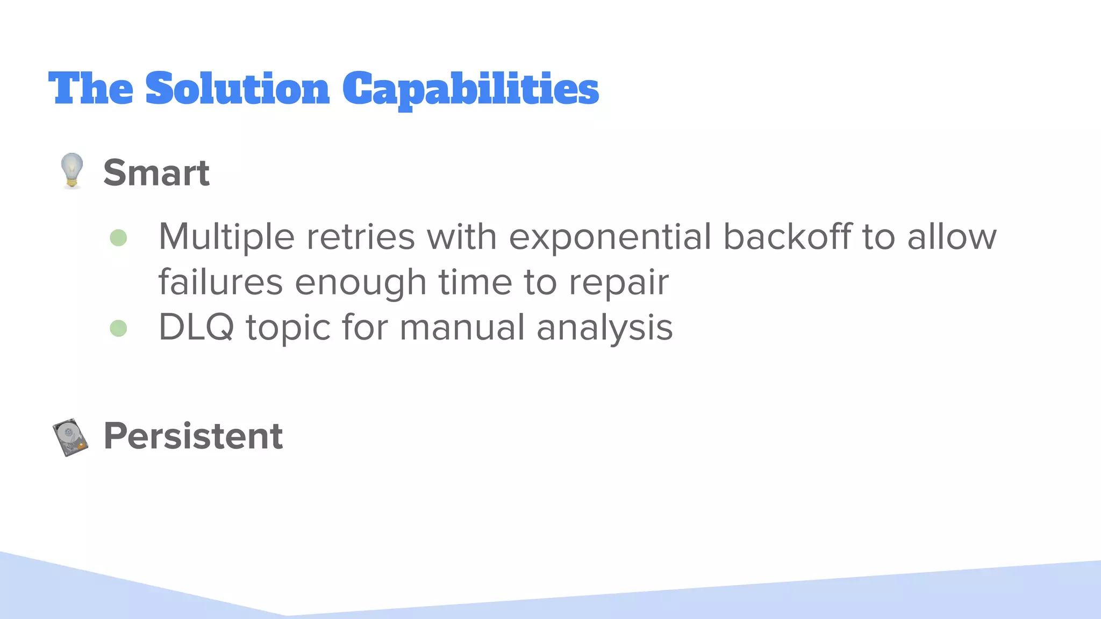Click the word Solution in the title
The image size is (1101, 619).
coord(237,89)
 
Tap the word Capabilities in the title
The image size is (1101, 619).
coord(470,90)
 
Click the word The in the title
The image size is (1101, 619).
coord(90,89)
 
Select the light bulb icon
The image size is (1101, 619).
coord(72,171)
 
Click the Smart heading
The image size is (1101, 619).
coord(156,173)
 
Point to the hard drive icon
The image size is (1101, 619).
coord(70,437)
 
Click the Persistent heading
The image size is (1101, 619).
coord(192,436)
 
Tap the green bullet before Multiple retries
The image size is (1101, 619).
coord(118,237)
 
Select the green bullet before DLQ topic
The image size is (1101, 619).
coord(118,328)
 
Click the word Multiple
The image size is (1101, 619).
coord(226,237)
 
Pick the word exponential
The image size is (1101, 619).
coord(610,237)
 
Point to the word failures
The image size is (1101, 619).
coord(220,282)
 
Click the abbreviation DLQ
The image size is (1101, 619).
coord(196,328)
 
